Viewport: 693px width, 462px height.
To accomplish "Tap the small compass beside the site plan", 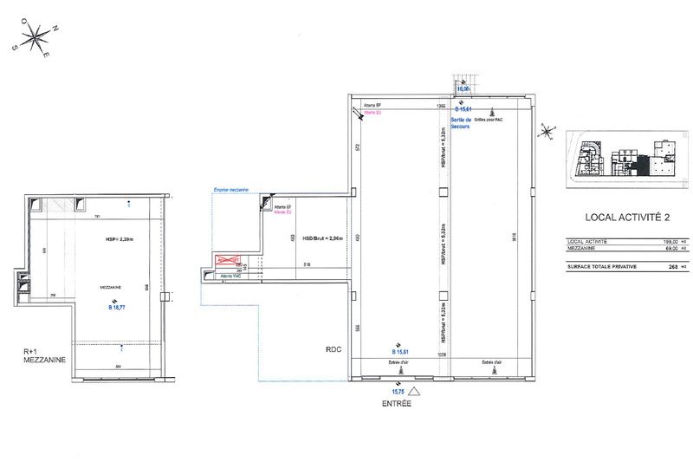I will pyautogui.click(x=547, y=132).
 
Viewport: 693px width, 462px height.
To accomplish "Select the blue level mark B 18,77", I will pyautogui.click(x=117, y=307).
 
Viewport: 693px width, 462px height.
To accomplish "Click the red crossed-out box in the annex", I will pyautogui.click(x=227, y=259).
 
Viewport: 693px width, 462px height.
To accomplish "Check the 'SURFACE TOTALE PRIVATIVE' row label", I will pyautogui.click(x=601, y=267).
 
